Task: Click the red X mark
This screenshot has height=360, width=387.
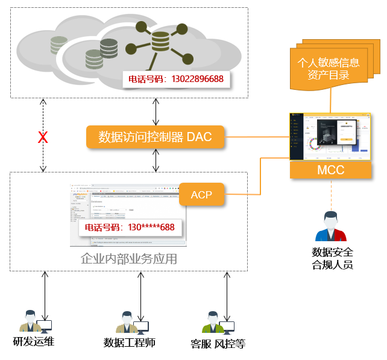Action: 43,137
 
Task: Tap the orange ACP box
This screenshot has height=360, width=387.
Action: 202,195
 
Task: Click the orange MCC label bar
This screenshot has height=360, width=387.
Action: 330,170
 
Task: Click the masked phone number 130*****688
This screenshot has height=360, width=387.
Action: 130,228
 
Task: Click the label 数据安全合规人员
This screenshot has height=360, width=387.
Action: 332,258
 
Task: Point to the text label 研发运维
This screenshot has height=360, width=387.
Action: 34,342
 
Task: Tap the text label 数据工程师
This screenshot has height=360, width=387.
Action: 130,343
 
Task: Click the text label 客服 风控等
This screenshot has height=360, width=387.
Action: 218,344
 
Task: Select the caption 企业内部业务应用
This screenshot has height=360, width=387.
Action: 129,259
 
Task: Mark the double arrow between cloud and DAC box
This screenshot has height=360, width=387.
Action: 156,111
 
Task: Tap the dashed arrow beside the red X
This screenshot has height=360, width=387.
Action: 43,158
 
